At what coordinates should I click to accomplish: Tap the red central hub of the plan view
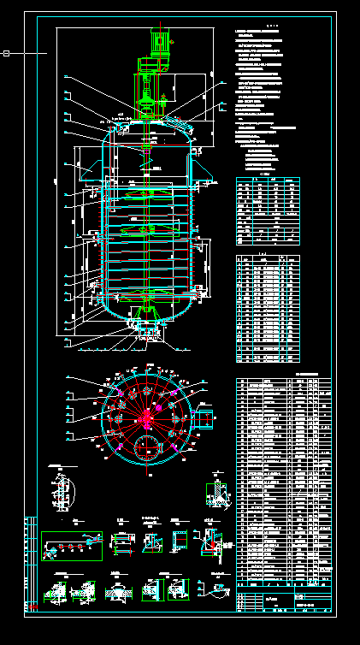146,416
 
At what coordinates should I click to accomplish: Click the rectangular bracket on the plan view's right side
205,418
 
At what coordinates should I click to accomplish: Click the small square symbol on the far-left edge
6,54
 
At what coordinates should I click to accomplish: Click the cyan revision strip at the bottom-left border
31,565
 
